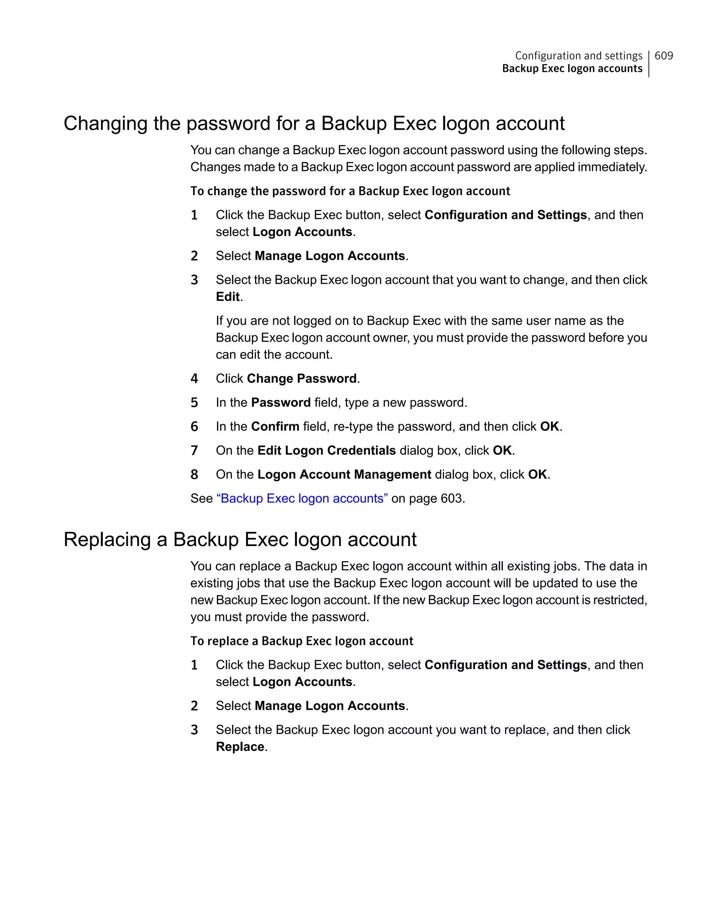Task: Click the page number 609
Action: [663, 56]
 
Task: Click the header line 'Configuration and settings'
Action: [578, 56]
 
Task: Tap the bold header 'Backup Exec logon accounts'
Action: [572, 69]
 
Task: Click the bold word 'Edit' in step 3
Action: [228, 297]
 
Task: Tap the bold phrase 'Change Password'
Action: [301, 378]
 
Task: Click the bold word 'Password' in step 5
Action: [281, 403]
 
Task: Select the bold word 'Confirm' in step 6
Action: [275, 426]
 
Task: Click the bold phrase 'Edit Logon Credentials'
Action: [326, 450]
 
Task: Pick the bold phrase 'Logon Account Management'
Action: [344, 475]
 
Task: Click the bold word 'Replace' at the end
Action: [240, 747]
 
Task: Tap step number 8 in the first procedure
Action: [194, 475]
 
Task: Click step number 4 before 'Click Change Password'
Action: [194, 379]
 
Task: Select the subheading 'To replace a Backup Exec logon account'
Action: [302, 641]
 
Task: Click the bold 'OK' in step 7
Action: [502, 450]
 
